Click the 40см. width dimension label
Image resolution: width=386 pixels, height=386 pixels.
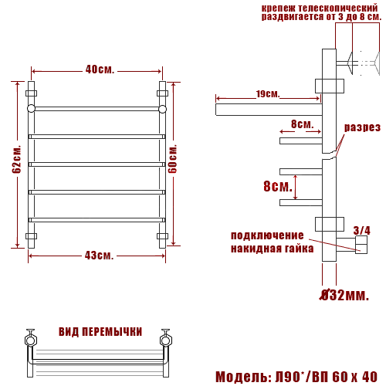(100, 69)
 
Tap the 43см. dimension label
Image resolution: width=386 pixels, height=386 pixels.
(99, 256)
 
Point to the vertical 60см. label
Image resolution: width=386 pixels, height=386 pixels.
(172, 158)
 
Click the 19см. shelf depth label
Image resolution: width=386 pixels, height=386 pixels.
(268, 94)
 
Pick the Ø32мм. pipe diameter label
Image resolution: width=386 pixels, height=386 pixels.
(344, 295)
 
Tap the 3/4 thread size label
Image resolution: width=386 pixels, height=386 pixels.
(362, 230)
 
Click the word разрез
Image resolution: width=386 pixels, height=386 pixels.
(362, 127)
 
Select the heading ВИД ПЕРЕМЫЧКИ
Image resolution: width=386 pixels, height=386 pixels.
(100, 332)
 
